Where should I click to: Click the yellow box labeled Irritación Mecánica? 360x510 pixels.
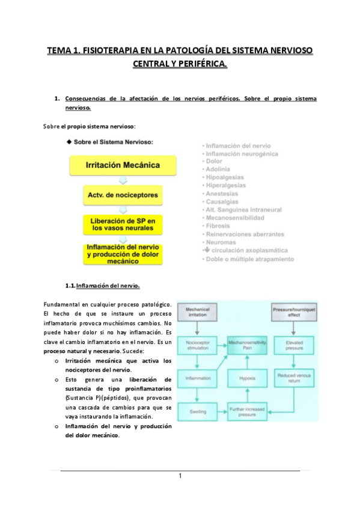click(122, 164)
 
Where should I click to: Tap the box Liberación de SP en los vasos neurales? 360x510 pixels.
click(122, 226)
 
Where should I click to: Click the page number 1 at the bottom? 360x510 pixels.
click(180, 476)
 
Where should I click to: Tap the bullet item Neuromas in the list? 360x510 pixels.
click(221, 242)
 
